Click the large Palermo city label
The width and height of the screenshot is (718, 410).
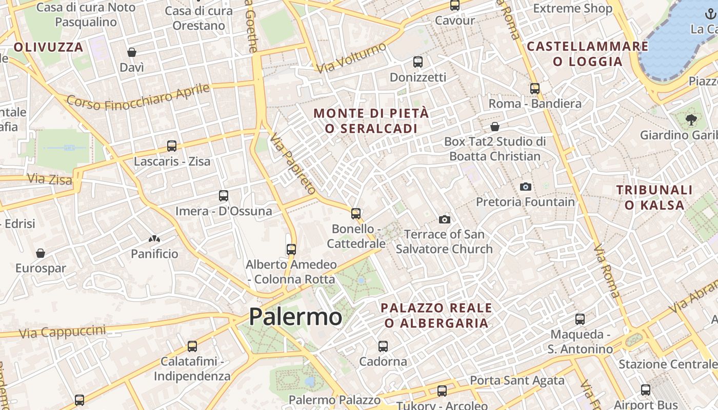coord(295,317)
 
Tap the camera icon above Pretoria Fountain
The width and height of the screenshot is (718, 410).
coord(525,187)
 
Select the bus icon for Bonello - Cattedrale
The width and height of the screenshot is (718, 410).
coord(356,213)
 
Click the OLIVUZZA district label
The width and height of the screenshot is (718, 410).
coord(48,48)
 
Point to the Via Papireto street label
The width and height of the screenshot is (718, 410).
coord(293,163)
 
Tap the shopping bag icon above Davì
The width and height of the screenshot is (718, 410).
coord(132,52)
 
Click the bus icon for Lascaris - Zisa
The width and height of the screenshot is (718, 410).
coord(172,146)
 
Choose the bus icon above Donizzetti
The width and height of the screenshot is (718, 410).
coord(418,62)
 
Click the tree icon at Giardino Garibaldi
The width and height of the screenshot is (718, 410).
coord(691,120)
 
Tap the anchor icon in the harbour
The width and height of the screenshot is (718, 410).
coord(711,14)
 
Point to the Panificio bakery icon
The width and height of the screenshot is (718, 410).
coord(154,239)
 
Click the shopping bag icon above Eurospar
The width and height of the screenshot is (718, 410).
coord(41,253)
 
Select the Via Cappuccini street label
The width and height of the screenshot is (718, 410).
coord(62,331)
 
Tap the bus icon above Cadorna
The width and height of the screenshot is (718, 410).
coord(383,346)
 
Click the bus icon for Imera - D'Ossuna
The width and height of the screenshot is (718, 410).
coord(224,195)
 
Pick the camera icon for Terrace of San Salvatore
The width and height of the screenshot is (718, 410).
coord(445,219)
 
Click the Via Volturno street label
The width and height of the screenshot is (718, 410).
coord(351,58)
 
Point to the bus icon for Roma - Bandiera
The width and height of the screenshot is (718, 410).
coord(535,88)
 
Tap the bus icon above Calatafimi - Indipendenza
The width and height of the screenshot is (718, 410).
coord(192,346)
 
